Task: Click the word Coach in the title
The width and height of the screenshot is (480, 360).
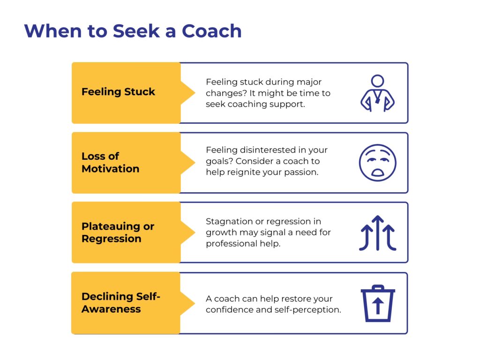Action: pyautogui.click(x=212, y=31)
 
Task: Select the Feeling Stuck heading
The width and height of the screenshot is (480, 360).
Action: pyautogui.click(x=118, y=92)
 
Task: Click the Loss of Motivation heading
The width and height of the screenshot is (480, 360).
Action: pyautogui.click(x=110, y=162)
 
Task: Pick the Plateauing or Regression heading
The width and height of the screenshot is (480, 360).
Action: pyautogui.click(x=118, y=232)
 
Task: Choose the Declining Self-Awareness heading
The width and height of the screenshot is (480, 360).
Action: pyautogui.click(x=121, y=302)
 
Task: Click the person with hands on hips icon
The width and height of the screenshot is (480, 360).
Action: pyautogui.click(x=377, y=93)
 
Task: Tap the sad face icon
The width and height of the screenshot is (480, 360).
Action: pyautogui.click(x=377, y=163)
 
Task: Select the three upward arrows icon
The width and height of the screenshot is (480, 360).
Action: pyautogui.click(x=377, y=233)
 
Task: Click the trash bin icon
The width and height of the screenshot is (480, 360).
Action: pyautogui.click(x=378, y=303)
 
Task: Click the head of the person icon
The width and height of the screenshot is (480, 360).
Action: pyautogui.click(x=377, y=81)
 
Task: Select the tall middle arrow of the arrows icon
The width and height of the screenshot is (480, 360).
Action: pyautogui.click(x=378, y=232)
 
